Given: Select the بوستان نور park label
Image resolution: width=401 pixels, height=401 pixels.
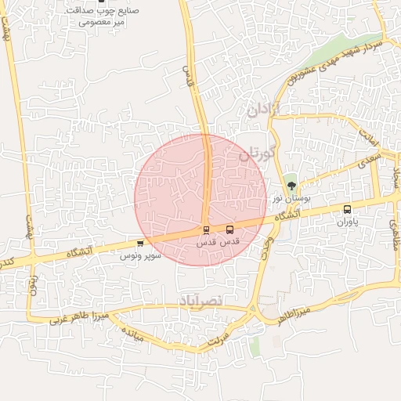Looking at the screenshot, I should tap(292, 200).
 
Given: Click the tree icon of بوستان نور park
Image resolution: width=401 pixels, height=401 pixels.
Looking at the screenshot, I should tap(292, 186).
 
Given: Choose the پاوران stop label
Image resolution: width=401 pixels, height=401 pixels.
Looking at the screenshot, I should tap(347, 223).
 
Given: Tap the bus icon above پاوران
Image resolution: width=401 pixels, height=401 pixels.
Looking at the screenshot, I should tap(348, 210).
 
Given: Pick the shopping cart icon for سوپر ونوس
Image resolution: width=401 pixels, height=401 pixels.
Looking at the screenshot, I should tap(140, 244).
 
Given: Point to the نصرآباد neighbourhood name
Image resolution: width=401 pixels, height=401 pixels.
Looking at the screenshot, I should tap(201, 301).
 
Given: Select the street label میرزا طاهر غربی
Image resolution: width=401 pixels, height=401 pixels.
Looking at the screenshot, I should tap(78, 317).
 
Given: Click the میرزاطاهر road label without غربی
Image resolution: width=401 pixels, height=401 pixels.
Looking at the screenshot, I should tap(293, 312).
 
